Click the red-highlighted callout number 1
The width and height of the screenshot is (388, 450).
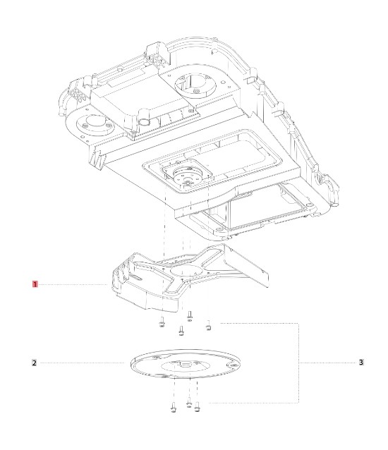click(35, 284)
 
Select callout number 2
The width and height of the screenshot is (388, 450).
click(34, 363)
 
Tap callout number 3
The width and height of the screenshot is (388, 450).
click(361, 363)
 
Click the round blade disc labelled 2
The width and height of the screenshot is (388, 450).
click(186, 364)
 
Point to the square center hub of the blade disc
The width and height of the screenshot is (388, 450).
click(185, 365)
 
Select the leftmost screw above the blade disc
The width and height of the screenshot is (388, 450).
click(162, 322)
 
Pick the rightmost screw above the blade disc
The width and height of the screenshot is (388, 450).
click(209, 325)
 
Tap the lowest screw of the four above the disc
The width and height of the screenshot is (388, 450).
click(181, 331)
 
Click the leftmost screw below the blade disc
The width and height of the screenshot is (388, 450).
click(173, 407)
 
